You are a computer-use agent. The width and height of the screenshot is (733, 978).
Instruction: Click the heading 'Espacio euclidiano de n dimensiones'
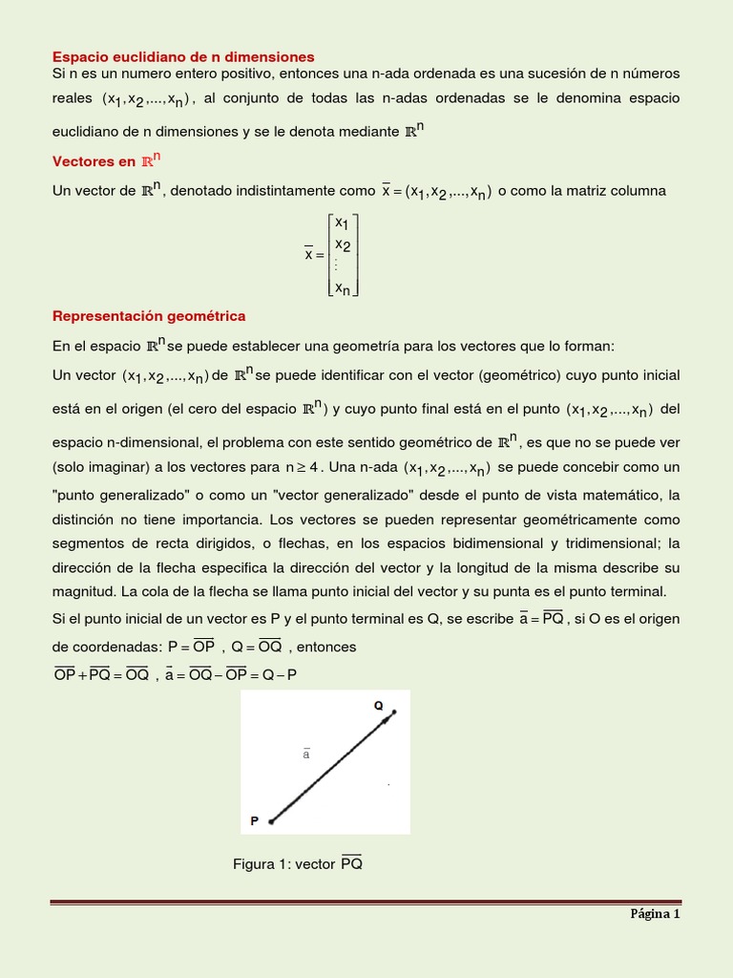[x=183, y=57]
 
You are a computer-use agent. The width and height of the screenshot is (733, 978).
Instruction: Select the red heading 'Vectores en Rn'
[x=106, y=160]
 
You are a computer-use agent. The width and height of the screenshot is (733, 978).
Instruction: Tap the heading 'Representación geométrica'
[x=149, y=315]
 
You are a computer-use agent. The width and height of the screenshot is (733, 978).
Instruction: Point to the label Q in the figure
[x=378, y=706]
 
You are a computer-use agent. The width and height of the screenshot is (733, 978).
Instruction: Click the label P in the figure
[x=255, y=820]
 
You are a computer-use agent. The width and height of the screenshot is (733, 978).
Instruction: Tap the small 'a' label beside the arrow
[x=306, y=755]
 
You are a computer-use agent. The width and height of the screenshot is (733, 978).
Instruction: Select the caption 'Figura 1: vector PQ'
[x=298, y=864]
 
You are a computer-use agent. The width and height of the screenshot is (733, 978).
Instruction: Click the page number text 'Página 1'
[x=654, y=913]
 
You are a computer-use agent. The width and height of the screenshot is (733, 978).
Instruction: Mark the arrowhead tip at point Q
[x=392, y=712]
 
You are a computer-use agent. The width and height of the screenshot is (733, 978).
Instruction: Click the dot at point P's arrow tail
[x=271, y=820]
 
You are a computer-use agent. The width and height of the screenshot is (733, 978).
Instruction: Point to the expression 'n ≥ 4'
[x=304, y=468]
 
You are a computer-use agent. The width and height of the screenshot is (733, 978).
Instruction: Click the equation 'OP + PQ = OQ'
[x=101, y=674]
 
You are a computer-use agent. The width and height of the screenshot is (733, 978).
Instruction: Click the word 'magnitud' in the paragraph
[x=82, y=592]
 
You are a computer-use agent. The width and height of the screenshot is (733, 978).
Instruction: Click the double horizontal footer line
[x=366, y=901]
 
